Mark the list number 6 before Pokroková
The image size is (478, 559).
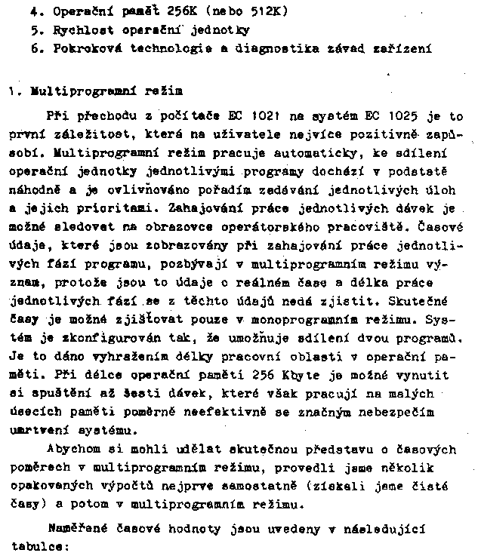[35, 48]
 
